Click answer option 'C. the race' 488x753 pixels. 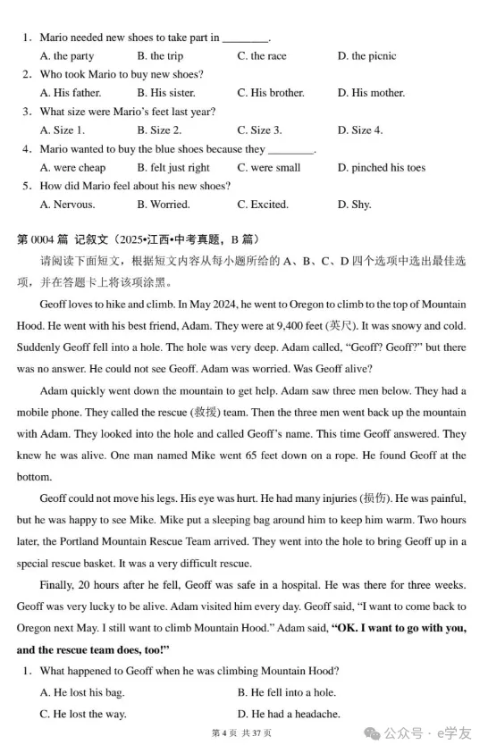262,56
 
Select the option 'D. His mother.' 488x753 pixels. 371,93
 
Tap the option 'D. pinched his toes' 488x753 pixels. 382,168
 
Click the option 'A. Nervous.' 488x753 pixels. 68,205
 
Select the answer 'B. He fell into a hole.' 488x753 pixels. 287,692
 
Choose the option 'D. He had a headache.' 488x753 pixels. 289,714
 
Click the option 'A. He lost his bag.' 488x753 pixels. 82,692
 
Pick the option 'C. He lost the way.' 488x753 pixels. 83,714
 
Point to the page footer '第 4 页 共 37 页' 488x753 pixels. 241,734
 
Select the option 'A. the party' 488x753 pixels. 68,56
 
